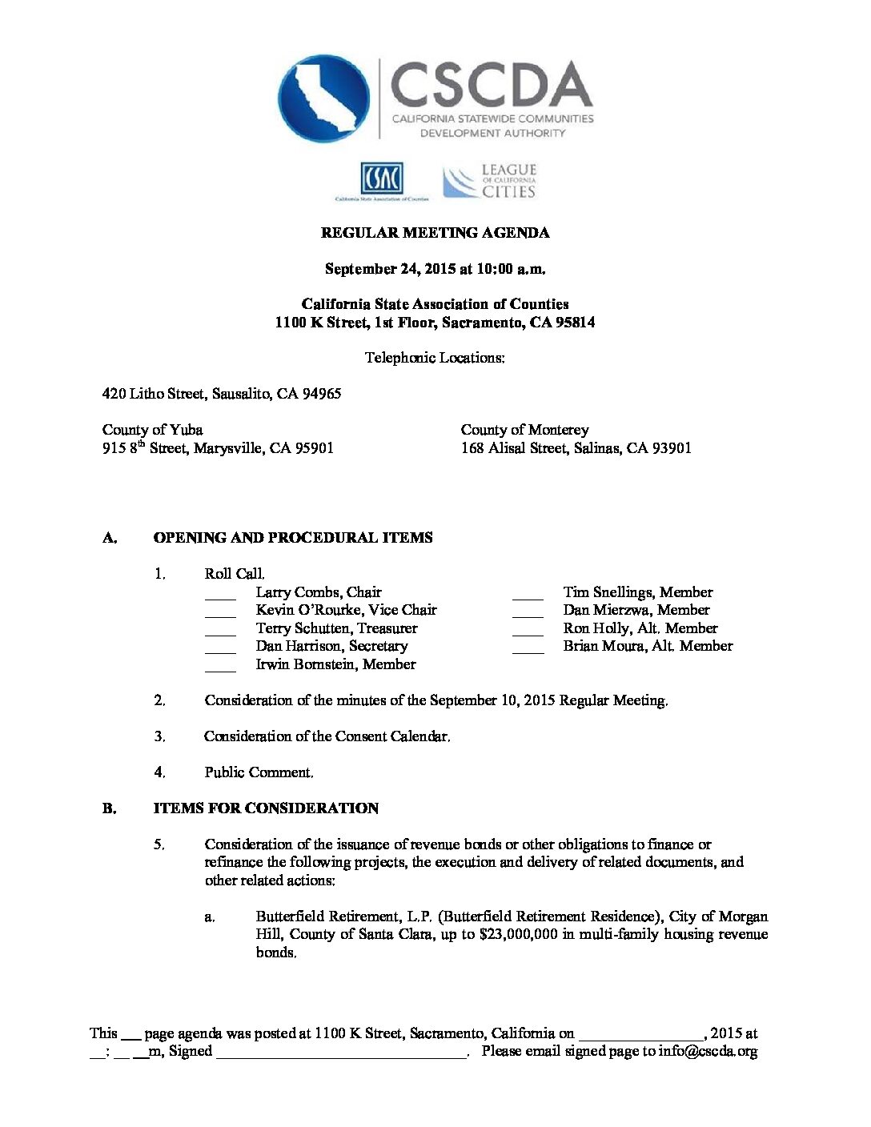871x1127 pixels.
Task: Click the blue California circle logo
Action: [x=324, y=98]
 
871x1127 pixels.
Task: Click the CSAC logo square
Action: [x=381, y=178]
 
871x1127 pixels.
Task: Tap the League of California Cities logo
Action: [x=490, y=182]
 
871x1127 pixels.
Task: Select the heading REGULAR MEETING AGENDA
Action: [x=435, y=233]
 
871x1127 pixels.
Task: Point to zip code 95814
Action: [x=573, y=323]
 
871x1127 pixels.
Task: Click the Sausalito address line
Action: [x=221, y=394]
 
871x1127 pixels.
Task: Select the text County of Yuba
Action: [x=152, y=430]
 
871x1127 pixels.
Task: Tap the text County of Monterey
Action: [x=524, y=430]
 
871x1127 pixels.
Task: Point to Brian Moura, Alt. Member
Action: [x=648, y=646]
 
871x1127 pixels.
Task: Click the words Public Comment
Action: [x=258, y=772]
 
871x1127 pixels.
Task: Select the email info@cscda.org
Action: [x=708, y=1051]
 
